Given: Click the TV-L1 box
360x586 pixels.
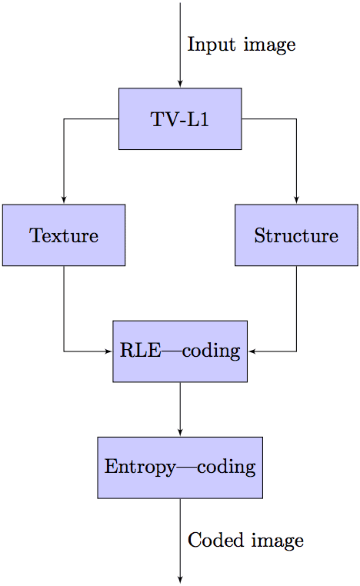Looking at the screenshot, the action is click(x=180, y=119).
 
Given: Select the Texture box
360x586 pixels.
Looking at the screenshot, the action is click(x=64, y=235).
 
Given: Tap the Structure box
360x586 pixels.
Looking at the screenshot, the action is click(x=296, y=235).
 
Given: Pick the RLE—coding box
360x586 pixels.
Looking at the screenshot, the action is click(x=180, y=351).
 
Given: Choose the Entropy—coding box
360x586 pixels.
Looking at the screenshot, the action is click(x=180, y=468).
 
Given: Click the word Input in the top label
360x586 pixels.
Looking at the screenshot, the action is click(x=212, y=45).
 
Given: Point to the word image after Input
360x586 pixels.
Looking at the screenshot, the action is click(x=269, y=45).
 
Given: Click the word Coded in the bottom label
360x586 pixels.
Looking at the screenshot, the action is click(x=215, y=540).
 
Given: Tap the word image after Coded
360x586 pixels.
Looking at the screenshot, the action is click(x=278, y=541).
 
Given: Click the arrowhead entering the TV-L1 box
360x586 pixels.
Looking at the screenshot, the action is click(x=180, y=84).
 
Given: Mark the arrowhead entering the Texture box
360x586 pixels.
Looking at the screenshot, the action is click(x=64, y=200).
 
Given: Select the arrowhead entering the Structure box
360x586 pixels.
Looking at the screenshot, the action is click(x=296, y=200).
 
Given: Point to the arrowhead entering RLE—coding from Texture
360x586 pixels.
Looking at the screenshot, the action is click(x=108, y=351).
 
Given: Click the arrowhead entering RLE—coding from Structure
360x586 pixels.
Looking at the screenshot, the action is click(x=252, y=351).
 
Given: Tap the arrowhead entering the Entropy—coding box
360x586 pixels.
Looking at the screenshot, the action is click(x=180, y=433).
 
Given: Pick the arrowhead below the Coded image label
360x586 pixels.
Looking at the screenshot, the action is click(x=180, y=580).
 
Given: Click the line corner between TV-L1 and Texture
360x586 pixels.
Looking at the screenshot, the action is click(x=64, y=119).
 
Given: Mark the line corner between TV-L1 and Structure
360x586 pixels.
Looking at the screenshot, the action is click(x=296, y=119).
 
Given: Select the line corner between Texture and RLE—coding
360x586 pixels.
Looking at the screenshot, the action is click(x=64, y=351).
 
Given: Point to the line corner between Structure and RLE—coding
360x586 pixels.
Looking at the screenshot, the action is click(x=296, y=351).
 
